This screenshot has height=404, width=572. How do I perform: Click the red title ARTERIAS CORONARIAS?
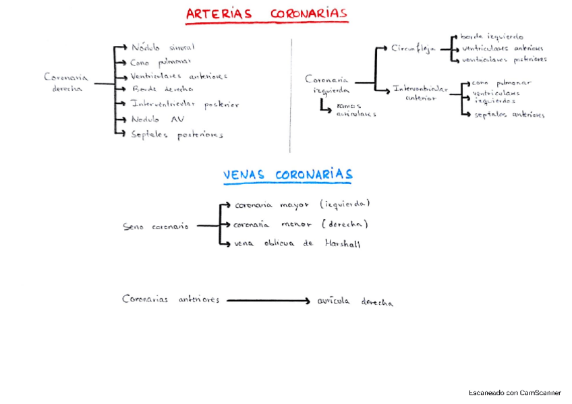click(266, 14)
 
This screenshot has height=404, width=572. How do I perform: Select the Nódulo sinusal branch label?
click(163, 47)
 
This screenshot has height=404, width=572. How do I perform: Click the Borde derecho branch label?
click(163, 89)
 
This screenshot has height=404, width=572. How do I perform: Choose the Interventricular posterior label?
click(185, 105)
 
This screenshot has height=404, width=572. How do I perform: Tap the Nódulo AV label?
click(158, 119)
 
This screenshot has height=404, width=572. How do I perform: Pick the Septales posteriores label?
click(177, 135)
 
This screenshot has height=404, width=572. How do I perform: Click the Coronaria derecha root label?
click(65, 83)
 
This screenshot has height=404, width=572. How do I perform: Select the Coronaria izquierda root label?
click(327, 84)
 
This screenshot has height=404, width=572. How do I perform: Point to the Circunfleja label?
click(413, 49)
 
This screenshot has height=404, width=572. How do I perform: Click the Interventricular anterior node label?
click(420, 92)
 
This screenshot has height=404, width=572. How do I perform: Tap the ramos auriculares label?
click(355, 110)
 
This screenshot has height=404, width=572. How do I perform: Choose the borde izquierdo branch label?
click(492, 37)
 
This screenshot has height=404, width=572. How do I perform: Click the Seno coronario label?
click(156, 227)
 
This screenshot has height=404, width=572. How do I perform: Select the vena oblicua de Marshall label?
click(297, 244)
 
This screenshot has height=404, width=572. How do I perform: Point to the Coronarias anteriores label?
click(171, 299)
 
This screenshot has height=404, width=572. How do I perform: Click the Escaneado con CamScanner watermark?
click(515, 393)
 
